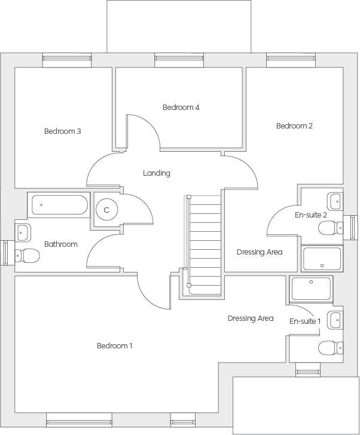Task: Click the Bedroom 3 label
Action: coord(62,131)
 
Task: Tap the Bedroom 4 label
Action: coord(181,108)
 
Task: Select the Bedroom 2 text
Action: coord(294,126)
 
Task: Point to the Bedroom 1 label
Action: coord(115,345)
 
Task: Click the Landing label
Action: coord(157,173)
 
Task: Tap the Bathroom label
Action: coord(61,244)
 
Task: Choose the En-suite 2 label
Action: coord(311,215)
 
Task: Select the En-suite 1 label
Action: coord(305,321)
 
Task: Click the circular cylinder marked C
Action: coord(106,210)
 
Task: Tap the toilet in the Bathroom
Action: coord(28,256)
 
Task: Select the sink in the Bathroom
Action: coord(23,231)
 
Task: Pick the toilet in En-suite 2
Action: coord(330,228)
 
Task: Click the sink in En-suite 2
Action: coord(335,200)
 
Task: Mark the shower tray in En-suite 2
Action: coord(322,259)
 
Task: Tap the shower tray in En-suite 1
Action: coord(310,288)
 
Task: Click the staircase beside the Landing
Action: coord(204,241)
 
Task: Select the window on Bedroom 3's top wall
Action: coord(67,59)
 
